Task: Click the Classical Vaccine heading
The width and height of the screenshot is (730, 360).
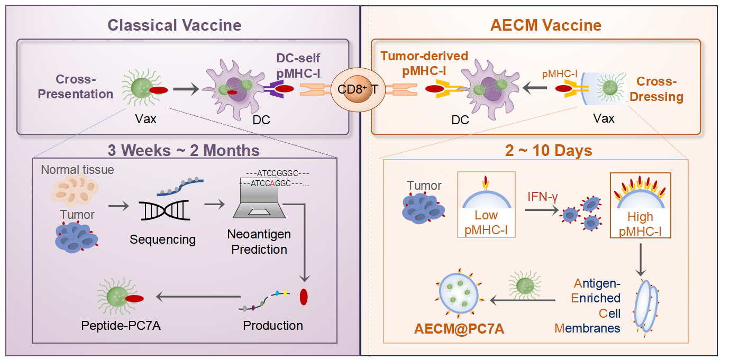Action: point(175,25)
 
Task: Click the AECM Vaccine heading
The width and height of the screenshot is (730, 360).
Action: point(546,25)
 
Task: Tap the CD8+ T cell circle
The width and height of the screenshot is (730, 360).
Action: point(358,89)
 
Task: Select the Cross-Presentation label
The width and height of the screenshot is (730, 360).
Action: point(85,87)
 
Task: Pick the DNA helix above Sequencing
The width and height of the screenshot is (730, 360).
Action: point(162,211)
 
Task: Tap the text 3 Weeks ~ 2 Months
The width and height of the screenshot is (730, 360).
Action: point(184,150)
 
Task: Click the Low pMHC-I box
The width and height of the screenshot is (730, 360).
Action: point(486,204)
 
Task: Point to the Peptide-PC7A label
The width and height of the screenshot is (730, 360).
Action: point(121,325)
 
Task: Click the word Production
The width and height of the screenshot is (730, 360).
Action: point(273,325)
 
